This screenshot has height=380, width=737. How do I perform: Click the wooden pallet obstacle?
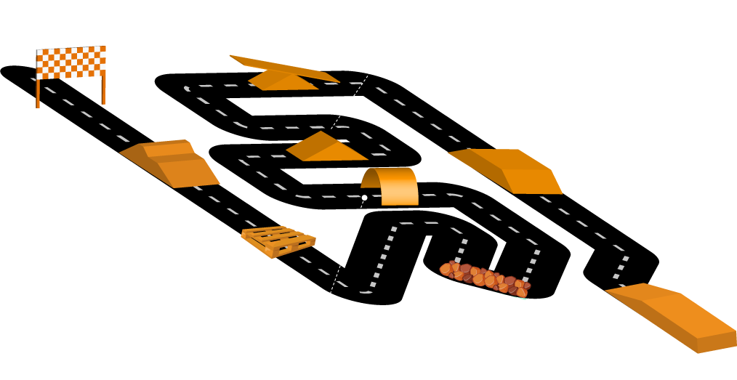[278, 241]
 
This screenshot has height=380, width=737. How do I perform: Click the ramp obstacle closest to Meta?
[171, 163]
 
